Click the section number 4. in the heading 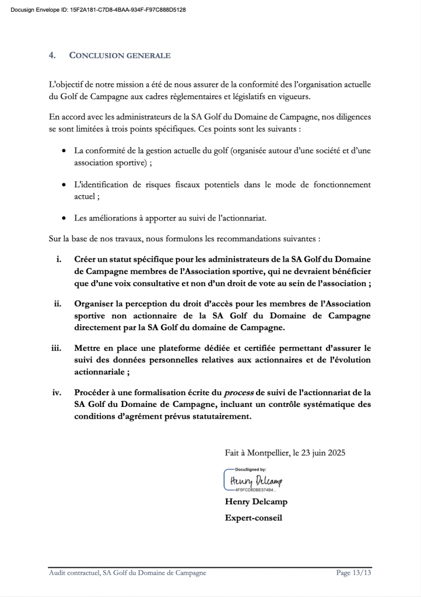(52, 55)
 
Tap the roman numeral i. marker (59, 259)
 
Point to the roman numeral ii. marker (58, 304)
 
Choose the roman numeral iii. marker (57, 348)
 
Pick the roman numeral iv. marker (57, 392)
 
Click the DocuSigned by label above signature (250, 469)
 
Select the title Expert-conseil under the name (254, 517)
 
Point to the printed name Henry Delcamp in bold (256, 501)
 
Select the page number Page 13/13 (353, 573)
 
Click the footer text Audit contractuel (73, 573)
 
